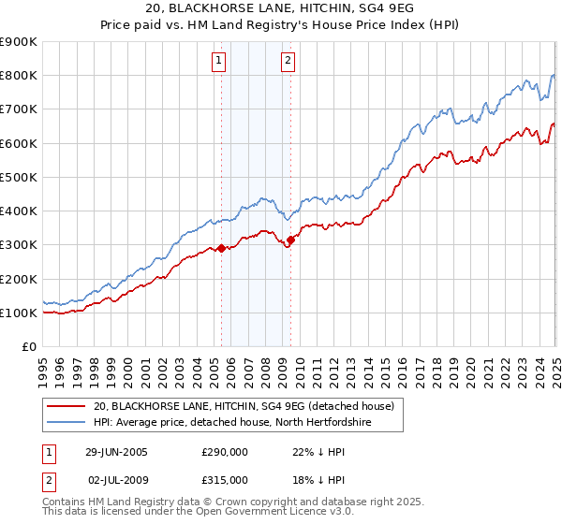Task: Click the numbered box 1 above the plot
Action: tap(219, 62)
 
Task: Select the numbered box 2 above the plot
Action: tap(288, 62)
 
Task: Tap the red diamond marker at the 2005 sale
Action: tap(221, 249)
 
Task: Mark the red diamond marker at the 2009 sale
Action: tap(290, 240)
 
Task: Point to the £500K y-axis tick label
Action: tap(19, 177)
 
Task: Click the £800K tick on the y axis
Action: tap(19, 75)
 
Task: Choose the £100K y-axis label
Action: tap(19, 313)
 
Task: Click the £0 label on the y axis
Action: tap(30, 347)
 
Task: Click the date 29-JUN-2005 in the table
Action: tap(116, 451)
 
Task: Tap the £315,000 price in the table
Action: tap(225, 479)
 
